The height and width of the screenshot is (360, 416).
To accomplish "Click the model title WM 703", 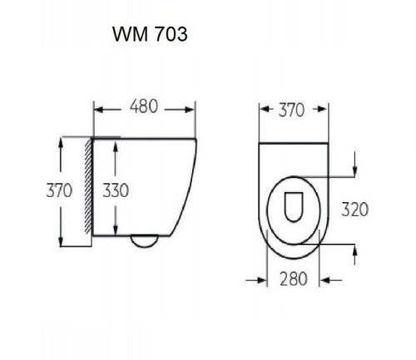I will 150,37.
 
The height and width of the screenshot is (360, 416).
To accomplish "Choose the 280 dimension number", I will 293,279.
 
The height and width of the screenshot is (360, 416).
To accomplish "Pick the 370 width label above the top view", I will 291,110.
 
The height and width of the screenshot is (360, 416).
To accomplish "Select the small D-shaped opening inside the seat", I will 292,206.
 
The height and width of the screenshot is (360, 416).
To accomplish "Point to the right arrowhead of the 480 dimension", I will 191,109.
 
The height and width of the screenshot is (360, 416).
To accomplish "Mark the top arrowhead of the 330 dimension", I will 115,141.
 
